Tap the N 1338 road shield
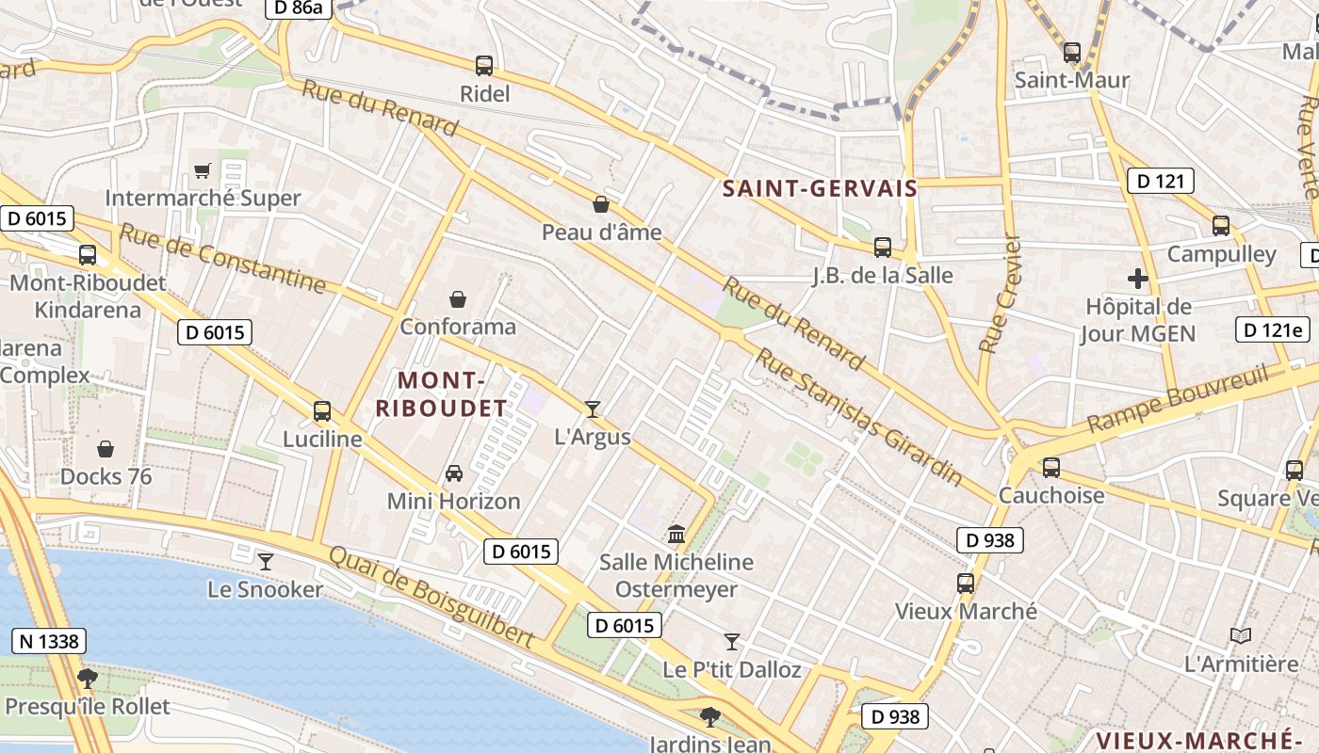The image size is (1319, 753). [x=49, y=642]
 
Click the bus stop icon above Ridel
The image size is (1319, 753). [x=484, y=66]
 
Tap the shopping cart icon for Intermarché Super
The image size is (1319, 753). [x=203, y=170]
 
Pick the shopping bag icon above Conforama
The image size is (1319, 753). [x=458, y=299]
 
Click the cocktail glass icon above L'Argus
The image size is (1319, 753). [x=593, y=409]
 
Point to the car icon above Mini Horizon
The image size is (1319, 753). [x=454, y=473]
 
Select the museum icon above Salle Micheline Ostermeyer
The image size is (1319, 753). [x=676, y=535]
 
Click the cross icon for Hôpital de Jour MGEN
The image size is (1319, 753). [x=1138, y=279]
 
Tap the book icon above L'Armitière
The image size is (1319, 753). [x=1241, y=636]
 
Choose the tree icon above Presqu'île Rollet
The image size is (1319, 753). [x=88, y=678]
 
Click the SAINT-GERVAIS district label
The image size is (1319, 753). [x=820, y=188]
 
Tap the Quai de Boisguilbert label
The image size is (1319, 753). [x=431, y=597]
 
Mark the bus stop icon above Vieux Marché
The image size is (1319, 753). [x=966, y=584]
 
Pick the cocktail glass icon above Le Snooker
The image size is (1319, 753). [x=266, y=562]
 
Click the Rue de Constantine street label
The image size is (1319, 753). [x=222, y=258]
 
